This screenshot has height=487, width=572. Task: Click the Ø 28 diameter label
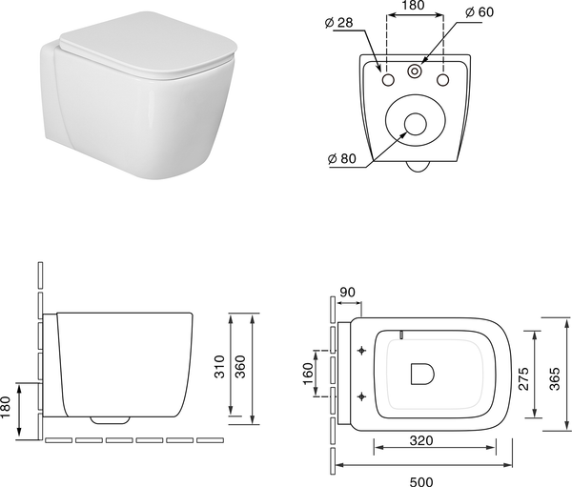click(x=338, y=23)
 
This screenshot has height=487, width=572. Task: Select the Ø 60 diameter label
click(x=480, y=12)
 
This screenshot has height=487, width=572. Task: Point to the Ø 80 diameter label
click(x=341, y=159)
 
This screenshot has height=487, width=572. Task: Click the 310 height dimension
click(x=219, y=367)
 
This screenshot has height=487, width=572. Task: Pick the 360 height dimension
click(x=240, y=367)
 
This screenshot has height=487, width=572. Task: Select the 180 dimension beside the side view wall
click(x=6, y=408)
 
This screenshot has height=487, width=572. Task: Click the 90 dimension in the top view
click(x=347, y=293)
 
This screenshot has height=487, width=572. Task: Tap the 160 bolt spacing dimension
click(x=308, y=374)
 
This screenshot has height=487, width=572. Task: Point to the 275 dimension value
click(x=523, y=379)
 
